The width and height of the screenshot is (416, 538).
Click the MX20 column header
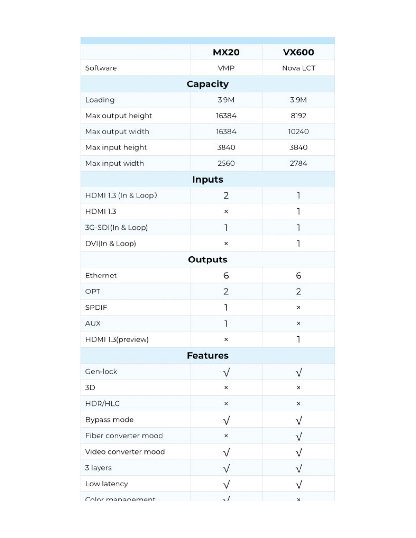point(226,52)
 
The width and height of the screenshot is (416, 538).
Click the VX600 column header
point(298,52)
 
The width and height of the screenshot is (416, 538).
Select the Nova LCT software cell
point(298,68)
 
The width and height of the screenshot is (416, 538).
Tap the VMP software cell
point(226,68)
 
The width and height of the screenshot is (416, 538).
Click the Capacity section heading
point(208,84)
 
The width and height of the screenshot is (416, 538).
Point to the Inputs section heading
point(208,179)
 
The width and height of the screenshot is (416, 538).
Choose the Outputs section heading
point(208,260)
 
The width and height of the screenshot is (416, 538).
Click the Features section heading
point(208,355)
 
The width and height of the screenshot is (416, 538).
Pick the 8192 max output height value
point(298,116)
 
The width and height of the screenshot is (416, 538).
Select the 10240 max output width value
point(298,132)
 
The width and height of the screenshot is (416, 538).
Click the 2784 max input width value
point(298,163)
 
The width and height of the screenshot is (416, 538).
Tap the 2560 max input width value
point(226,163)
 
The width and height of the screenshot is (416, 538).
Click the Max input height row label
point(116,147)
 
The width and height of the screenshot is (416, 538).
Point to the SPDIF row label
point(96,307)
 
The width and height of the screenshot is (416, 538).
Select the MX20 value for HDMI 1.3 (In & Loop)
point(226,196)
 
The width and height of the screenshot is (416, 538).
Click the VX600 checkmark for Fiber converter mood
point(299,436)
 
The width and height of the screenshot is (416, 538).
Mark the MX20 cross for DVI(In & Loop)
point(226,244)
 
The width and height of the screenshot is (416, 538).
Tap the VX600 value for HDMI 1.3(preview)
point(298,340)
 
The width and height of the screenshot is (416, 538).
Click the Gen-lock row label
point(101,372)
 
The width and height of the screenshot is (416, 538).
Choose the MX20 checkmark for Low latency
point(226,485)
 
